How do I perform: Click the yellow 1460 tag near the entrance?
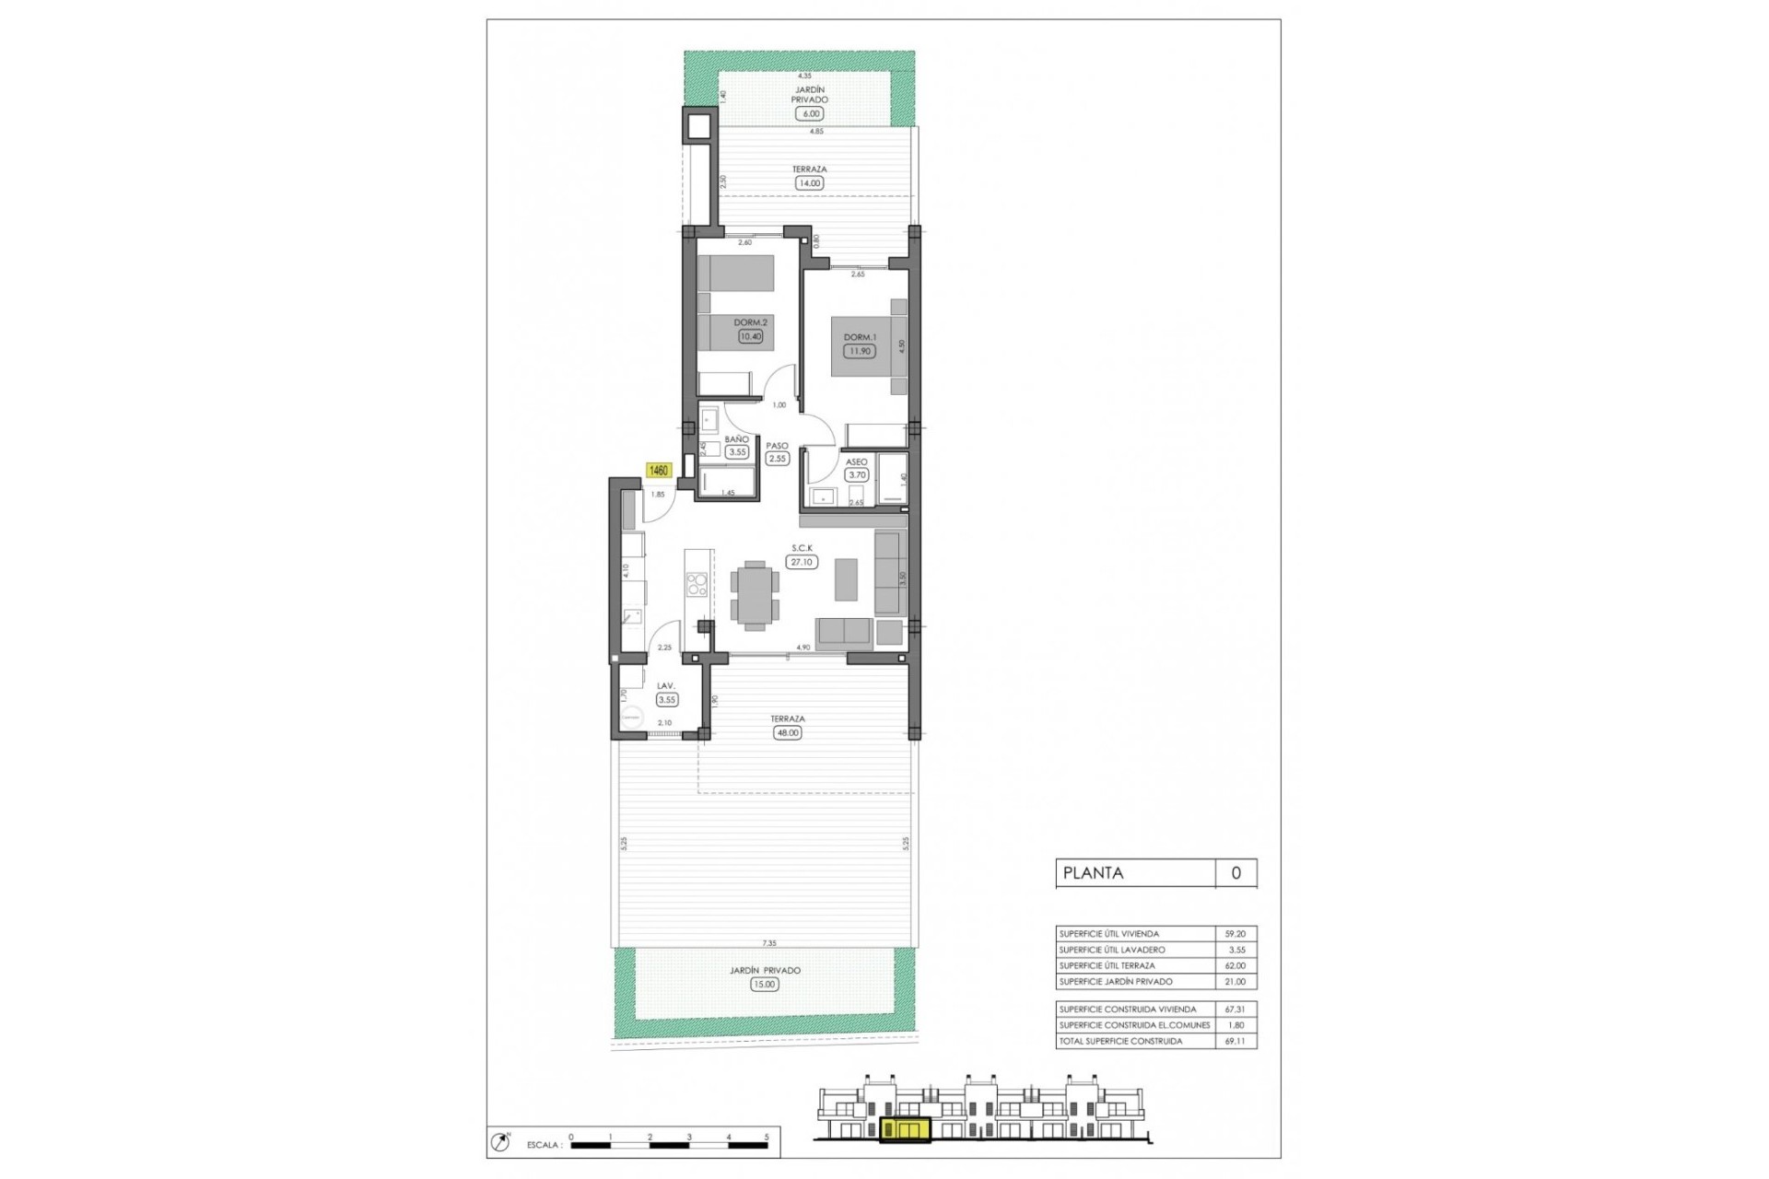tap(659, 471)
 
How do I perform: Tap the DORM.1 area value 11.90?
tap(859, 351)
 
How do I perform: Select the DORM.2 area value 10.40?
tap(750, 336)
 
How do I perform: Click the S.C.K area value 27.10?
tap(802, 561)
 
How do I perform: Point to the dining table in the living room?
tap(755, 595)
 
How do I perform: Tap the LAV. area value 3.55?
tap(666, 699)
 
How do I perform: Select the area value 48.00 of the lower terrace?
tap(788, 733)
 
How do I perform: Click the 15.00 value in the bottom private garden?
tap(764, 984)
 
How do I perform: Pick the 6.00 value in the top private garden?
tap(810, 113)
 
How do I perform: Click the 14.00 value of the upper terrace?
tap(809, 183)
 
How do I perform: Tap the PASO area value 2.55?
tap(778, 458)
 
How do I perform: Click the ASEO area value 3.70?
tap(857, 475)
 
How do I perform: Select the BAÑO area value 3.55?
tap(736, 452)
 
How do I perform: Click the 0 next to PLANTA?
tap(1236, 873)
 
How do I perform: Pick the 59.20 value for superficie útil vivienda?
tap(1235, 934)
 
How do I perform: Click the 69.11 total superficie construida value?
tap(1235, 1041)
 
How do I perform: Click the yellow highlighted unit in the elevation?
tap(905, 1129)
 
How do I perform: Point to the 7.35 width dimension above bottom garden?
tap(768, 943)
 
